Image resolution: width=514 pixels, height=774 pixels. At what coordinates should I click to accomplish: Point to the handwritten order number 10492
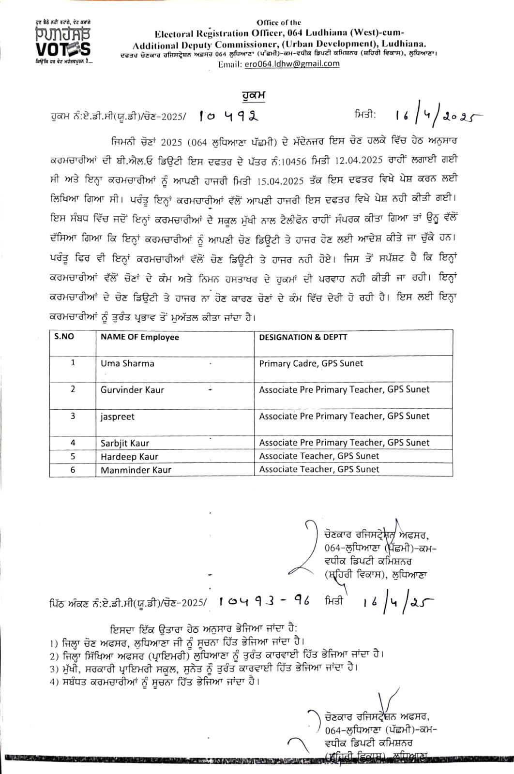[x=229, y=116]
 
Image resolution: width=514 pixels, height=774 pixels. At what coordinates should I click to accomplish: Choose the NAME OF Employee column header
[x=139, y=337]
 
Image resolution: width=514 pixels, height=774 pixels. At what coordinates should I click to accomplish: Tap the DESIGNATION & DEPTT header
[x=303, y=337]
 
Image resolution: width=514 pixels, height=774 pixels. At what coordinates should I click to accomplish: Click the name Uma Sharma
[x=127, y=363]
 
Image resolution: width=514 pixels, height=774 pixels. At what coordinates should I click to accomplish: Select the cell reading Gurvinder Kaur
[x=132, y=389]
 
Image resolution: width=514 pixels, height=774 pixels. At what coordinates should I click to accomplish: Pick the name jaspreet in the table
[x=118, y=416]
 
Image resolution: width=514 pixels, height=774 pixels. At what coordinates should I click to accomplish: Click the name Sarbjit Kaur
[x=125, y=443]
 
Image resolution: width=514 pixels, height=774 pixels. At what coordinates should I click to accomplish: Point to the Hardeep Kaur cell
[x=129, y=456]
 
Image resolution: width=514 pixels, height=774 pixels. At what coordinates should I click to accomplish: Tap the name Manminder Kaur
[x=136, y=469]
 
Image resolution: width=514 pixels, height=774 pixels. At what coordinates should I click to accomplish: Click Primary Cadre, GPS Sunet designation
[x=311, y=363]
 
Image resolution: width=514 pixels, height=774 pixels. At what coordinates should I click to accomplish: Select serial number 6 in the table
[x=73, y=469]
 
